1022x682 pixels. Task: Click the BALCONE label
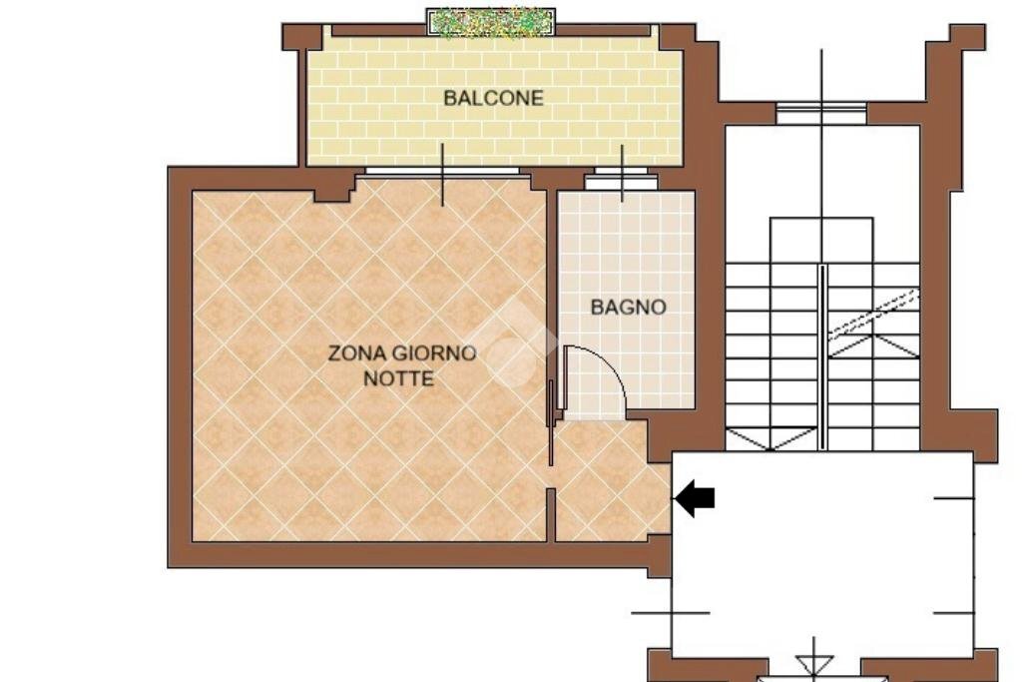[493, 98]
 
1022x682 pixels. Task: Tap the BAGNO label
[628, 307]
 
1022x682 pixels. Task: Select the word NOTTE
[398, 379]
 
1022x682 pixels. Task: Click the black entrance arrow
[696, 497]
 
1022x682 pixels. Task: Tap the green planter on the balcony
[490, 22]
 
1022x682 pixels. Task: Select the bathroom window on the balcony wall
[621, 181]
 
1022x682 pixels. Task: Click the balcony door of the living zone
[443, 172]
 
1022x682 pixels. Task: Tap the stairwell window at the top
[821, 112]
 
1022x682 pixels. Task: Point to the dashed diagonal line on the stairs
[874, 315]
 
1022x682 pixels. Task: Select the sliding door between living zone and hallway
[551, 419]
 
